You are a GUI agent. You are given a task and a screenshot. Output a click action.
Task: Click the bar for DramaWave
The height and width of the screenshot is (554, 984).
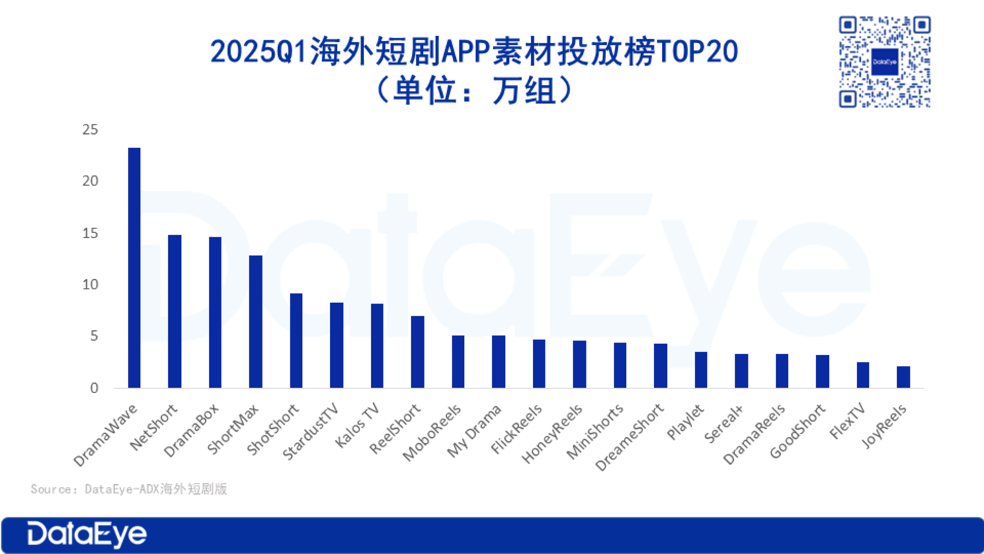coord(134,267)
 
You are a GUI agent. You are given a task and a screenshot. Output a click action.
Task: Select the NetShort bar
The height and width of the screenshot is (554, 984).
coord(174,311)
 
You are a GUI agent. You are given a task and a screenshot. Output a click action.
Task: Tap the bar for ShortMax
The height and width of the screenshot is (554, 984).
coord(256,321)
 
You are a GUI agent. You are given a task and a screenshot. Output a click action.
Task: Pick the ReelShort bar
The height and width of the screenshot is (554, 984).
coord(418,352)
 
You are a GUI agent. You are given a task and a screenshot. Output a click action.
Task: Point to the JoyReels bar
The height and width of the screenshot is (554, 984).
coord(903,377)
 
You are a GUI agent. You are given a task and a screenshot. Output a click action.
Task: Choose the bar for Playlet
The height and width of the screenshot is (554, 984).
coord(701,370)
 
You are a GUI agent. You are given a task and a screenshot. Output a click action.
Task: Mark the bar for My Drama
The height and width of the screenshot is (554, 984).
coord(499,362)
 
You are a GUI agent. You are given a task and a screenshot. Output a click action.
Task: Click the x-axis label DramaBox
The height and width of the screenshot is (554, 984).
coord(193,430)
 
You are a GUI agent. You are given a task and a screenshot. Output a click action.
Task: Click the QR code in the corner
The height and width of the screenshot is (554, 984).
coord(884,62)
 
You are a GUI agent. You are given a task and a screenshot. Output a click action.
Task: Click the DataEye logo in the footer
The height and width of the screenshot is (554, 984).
coord(87,535)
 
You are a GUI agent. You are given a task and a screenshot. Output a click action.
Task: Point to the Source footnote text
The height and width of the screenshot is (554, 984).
coord(128,489)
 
